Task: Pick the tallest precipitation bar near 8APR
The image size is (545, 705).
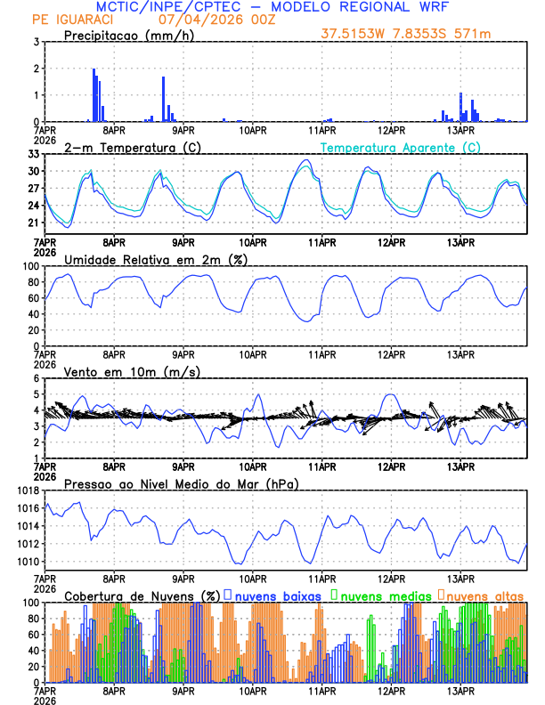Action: click(93, 95)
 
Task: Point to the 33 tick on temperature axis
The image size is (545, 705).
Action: click(33, 154)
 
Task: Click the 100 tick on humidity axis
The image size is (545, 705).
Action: click(30, 266)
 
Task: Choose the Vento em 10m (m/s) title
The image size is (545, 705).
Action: click(133, 371)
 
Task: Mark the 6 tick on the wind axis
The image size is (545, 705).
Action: click(36, 379)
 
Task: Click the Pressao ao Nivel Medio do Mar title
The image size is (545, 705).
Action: click(182, 483)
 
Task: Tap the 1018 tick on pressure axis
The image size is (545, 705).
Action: click(27, 490)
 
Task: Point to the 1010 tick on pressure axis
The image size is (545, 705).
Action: click(27, 562)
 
